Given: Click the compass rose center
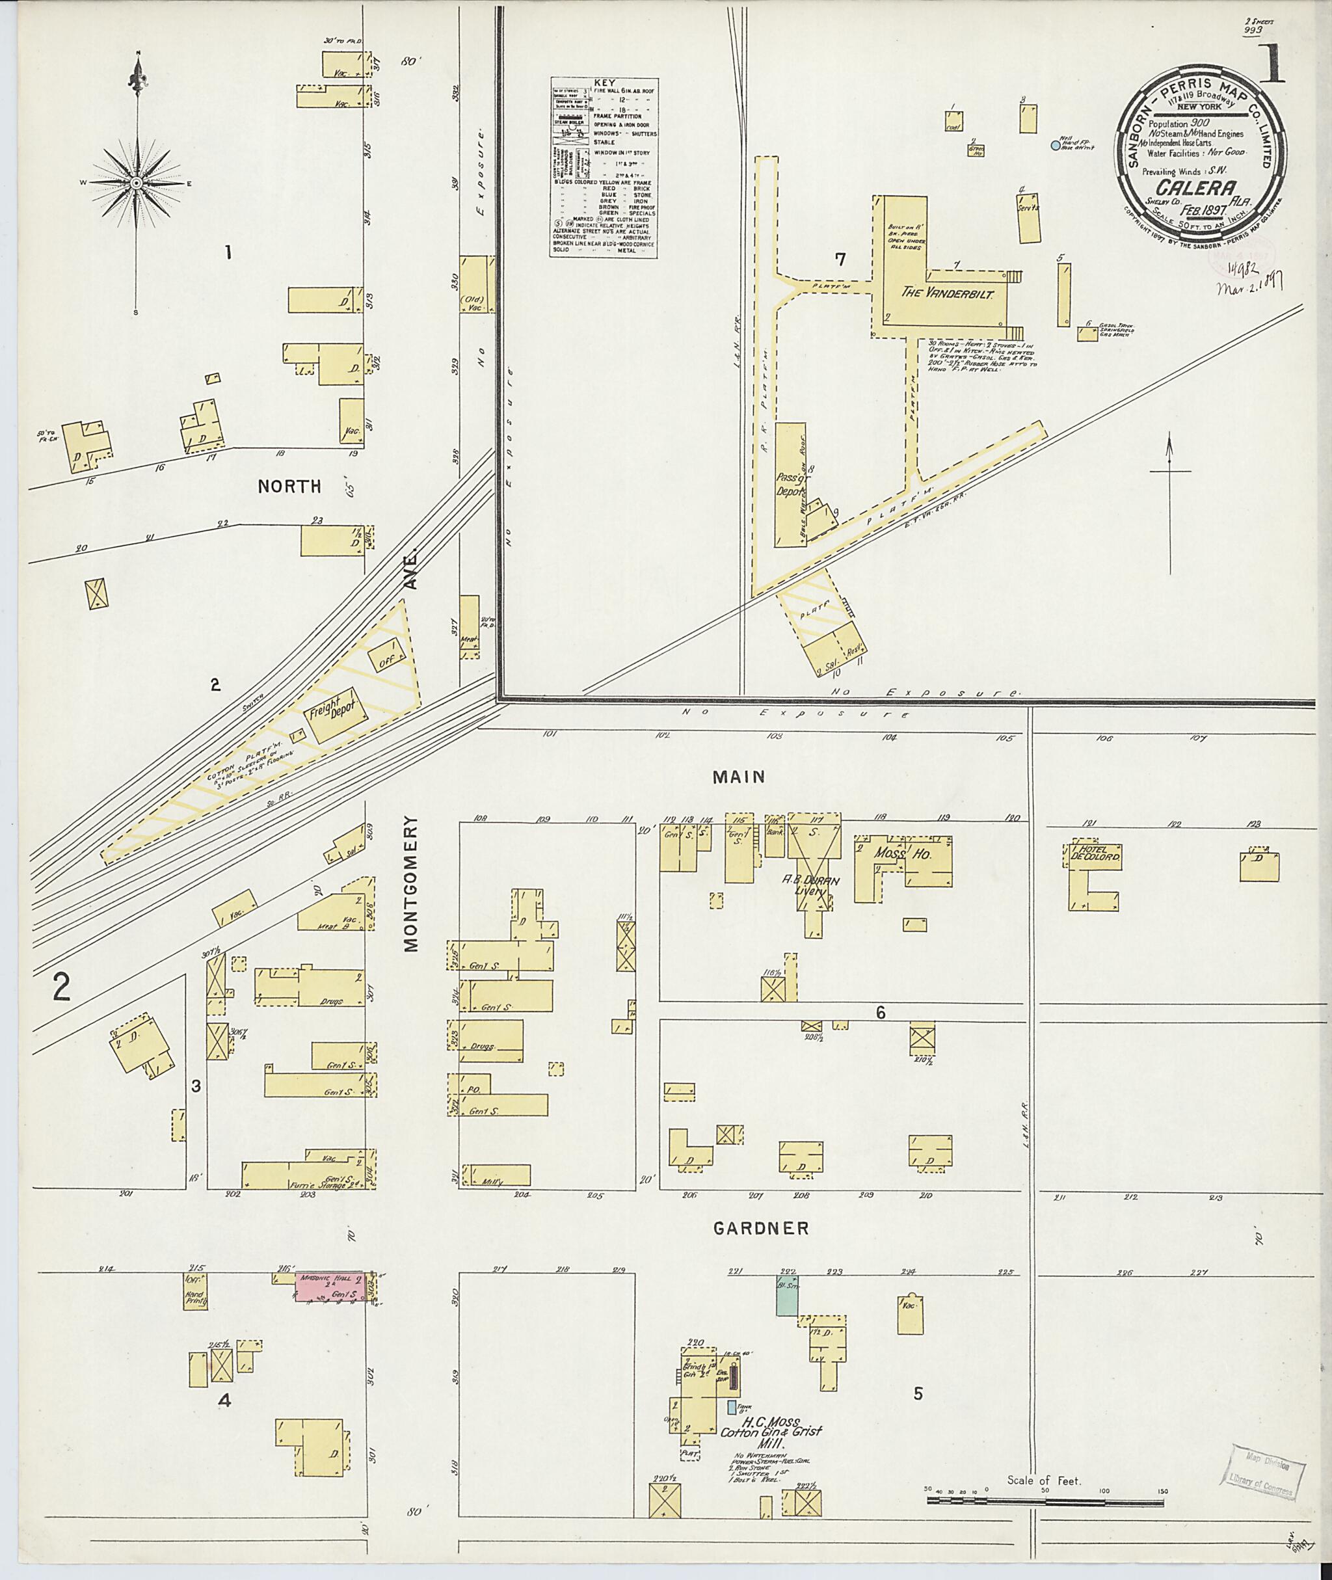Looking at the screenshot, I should click(x=137, y=183).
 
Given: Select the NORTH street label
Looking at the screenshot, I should click(x=289, y=487).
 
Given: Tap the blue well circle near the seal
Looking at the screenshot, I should click(x=1056, y=145).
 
